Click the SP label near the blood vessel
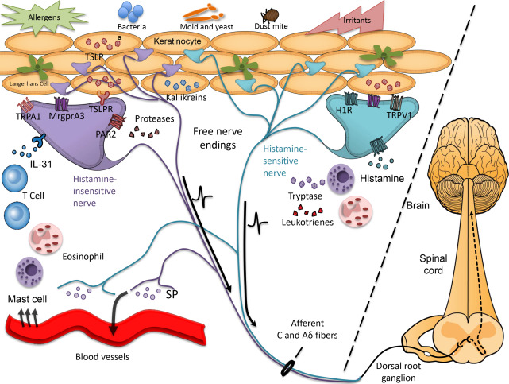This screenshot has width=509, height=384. [x=172, y=293]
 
